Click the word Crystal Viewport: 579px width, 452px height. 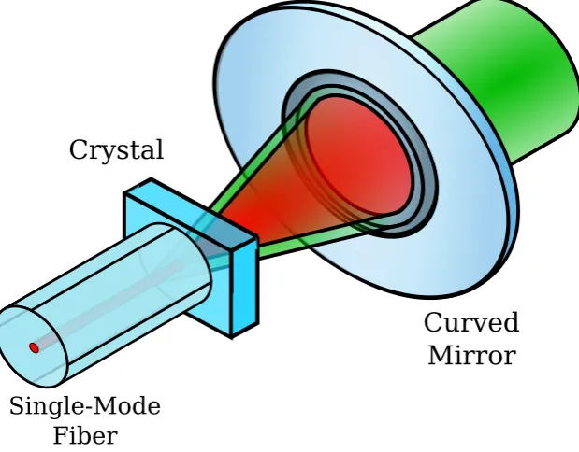pyautogui.click(x=116, y=149)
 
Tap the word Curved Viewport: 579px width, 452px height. pyautogui.click(x=471, y=322)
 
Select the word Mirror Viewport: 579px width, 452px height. pyautogui.click(x=472, y=356)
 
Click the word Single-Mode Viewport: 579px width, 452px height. pyautogui.click(x=85, y=407)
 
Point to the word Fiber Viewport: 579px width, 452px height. pyautogui.click(x=85, y=436)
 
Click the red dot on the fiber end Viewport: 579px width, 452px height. pyautogui.click(x=34, y=347)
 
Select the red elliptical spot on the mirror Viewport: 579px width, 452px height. pyautogui.click(x=359, y=155)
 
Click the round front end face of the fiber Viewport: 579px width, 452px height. pyautogui.click(x=33, y=346)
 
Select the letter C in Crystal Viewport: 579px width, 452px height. pyautogui.click(x=79, y=149)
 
